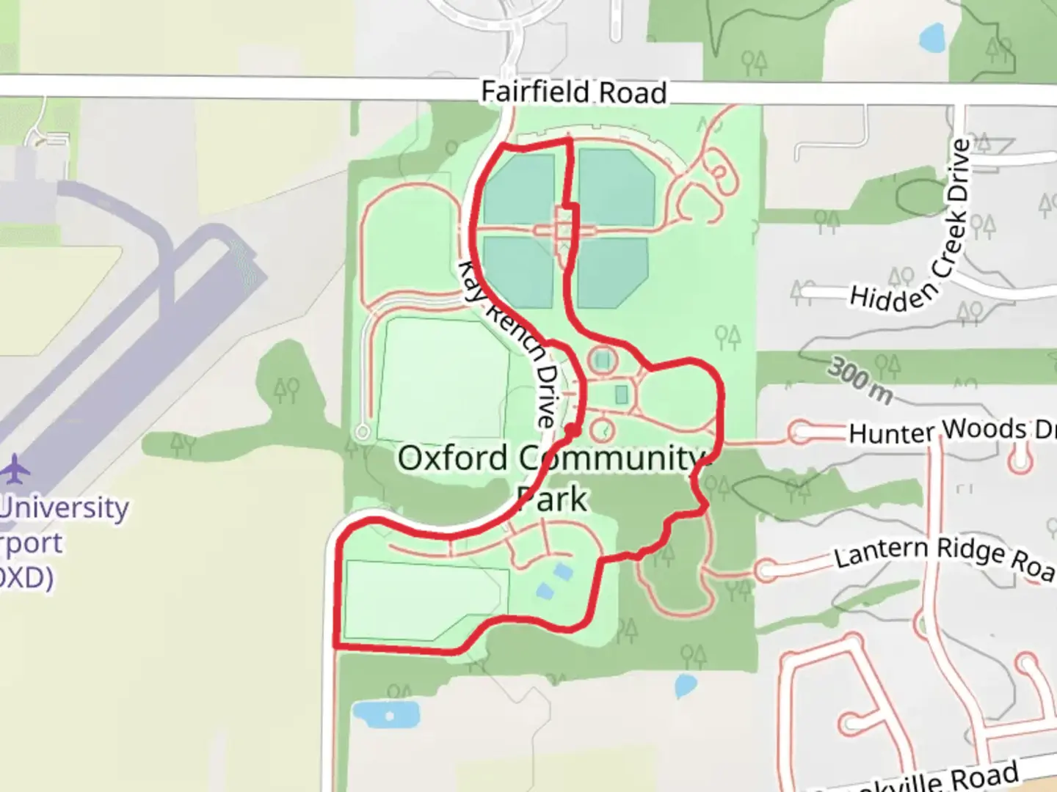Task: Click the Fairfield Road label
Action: click(573, 93)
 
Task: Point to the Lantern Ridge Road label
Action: click(944, 557)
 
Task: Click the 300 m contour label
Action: click(860, 381)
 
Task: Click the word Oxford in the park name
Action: click(452, 459)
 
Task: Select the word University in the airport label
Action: click(65, 507)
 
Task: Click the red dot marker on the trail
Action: click(571, 430)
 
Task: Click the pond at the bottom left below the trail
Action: click(385, 714)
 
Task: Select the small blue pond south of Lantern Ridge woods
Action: click(685, 685)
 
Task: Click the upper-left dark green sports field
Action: click(519, 188)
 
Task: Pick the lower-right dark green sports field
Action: click(612, 272)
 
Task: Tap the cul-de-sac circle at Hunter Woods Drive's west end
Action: click(801, 432)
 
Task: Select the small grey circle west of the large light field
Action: click(362, 432)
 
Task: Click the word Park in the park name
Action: click(552, 500)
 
